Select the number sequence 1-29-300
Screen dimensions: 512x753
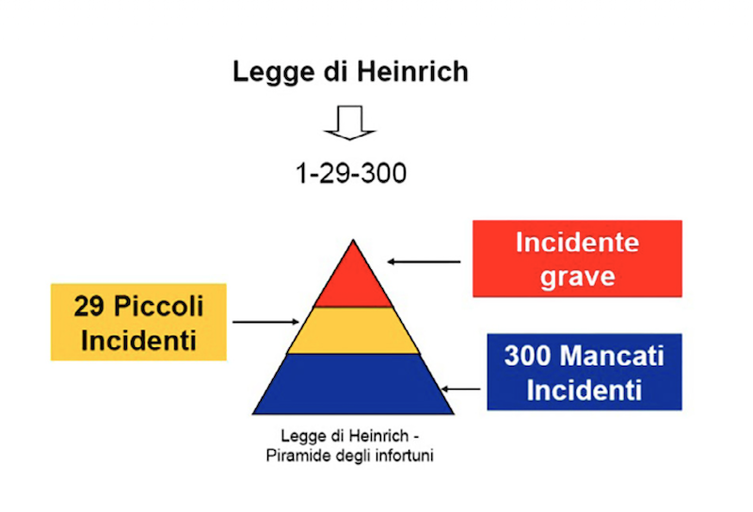tap(351, 174)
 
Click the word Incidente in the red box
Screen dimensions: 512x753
tap(577, 243)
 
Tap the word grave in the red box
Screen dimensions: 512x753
tap(577, 277)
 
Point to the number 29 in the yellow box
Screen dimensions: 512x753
tap(90, 307)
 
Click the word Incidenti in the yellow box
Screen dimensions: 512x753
tap(139, 340)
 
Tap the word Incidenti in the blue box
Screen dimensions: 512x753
tap(584, 389)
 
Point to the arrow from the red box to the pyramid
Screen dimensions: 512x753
tap(425, 261)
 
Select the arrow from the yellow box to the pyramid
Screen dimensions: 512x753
tap(265, 322)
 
